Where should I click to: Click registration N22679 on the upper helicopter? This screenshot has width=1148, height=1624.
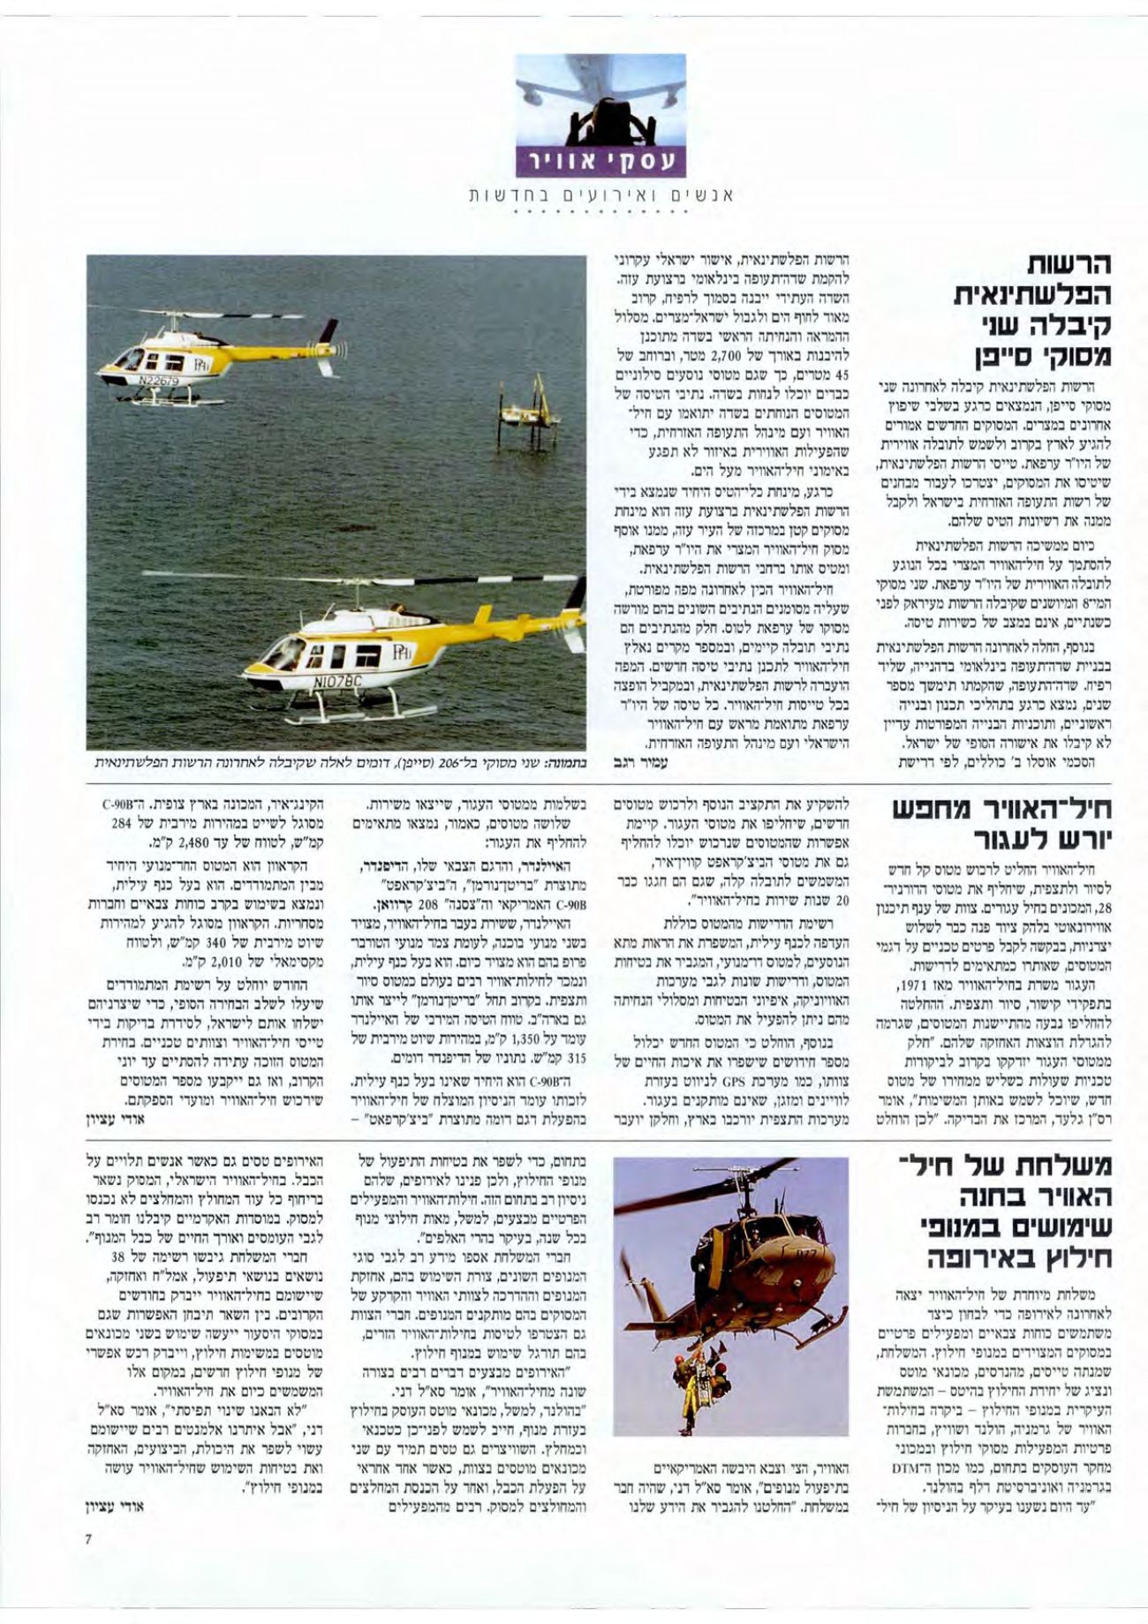[x=158, y=381]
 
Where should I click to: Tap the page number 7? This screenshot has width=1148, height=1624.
[x=88, y=1564]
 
